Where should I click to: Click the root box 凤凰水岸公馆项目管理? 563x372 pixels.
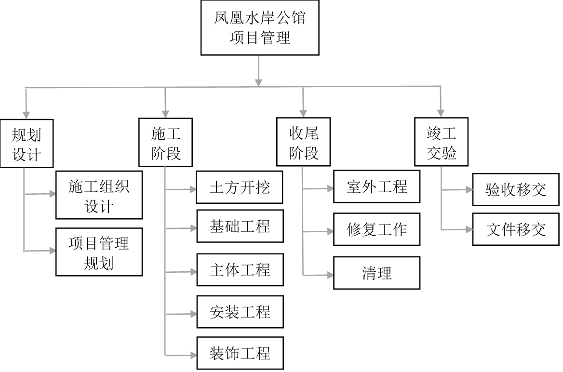click(260, 28)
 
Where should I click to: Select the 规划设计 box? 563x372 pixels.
click(26, 143)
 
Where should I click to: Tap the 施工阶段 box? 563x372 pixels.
click(165, 143)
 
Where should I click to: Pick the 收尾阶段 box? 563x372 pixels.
click(303, 143)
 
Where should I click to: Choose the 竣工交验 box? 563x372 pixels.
click(442, 143)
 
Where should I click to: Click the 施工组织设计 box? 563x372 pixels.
click(99, 195)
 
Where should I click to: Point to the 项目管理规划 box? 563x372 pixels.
click(99, 252)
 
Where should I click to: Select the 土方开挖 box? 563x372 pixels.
click(240, 187)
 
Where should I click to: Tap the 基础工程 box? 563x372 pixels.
click(240, 226)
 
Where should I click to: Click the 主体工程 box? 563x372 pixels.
click(240, 269)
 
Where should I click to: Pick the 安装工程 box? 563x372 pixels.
click(240, 312)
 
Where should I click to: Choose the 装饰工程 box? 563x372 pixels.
click(240, 354)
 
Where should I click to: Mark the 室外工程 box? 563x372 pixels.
click(376, 186)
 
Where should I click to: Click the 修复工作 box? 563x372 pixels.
click(376, 229)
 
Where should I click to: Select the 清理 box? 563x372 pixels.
click(376, 273)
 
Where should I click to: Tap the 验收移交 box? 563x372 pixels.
click(516, 189)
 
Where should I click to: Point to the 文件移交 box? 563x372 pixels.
click(516, 229)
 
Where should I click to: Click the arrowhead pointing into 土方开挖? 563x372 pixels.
click(193, 189)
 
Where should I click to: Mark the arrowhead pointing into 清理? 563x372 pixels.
click(330, 275)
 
